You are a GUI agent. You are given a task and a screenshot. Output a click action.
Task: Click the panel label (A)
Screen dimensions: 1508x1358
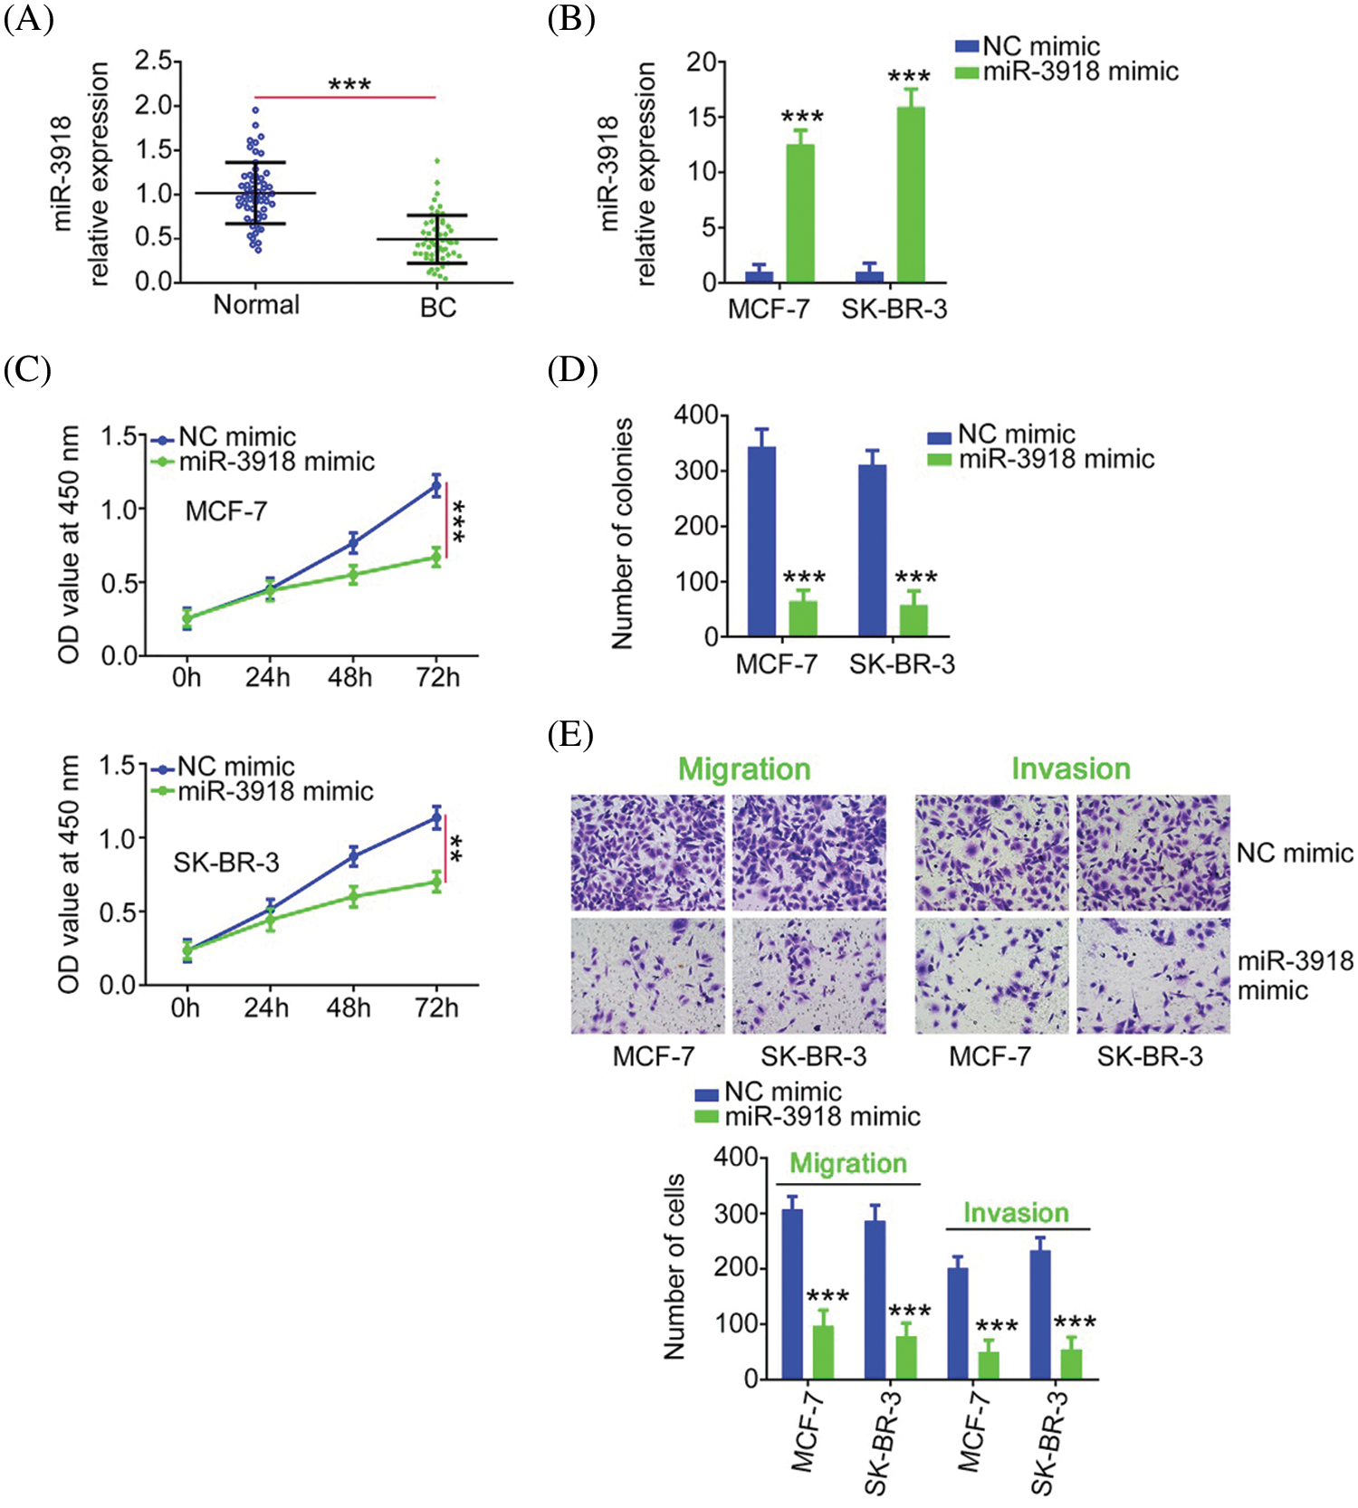tap(28, 19)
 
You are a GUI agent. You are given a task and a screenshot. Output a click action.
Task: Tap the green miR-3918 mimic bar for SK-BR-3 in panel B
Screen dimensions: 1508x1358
tap(911, 195)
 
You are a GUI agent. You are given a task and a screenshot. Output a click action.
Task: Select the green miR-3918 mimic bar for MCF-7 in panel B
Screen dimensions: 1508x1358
tap(800, 214)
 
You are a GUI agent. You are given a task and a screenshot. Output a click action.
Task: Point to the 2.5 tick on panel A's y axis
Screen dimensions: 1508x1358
tap(153, 62)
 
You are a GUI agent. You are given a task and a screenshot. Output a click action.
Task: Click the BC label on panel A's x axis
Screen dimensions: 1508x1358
tap(438, 308)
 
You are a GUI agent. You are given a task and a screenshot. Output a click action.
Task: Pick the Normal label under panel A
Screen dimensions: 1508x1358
tap(256, 305)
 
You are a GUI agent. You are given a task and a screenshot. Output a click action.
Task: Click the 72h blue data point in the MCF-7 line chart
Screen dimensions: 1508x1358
tap(436, 486)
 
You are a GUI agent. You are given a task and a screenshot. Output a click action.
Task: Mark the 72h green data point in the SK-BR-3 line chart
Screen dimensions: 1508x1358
tap(436, 882)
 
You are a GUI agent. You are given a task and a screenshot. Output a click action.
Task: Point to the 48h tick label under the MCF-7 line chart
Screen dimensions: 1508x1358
tap(350, 678)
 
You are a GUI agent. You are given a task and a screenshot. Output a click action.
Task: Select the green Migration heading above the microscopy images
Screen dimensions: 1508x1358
tap(744, 769)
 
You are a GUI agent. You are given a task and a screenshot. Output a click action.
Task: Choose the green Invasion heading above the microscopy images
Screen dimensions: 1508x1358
tap(1071, 769)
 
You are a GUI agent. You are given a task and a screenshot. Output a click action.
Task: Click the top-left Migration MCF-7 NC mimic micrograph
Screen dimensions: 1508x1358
tap(648, 853)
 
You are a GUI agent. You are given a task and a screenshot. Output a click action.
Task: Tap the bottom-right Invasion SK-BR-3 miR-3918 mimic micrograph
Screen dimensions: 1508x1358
tap(1152, 976)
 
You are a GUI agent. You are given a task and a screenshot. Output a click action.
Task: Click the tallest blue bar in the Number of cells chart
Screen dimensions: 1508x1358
tap(792, 1293)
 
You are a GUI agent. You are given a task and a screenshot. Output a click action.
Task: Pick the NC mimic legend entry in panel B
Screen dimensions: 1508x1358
tap(1028, 46)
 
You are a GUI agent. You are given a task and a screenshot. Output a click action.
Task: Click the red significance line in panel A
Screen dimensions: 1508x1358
tap(345, 97)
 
